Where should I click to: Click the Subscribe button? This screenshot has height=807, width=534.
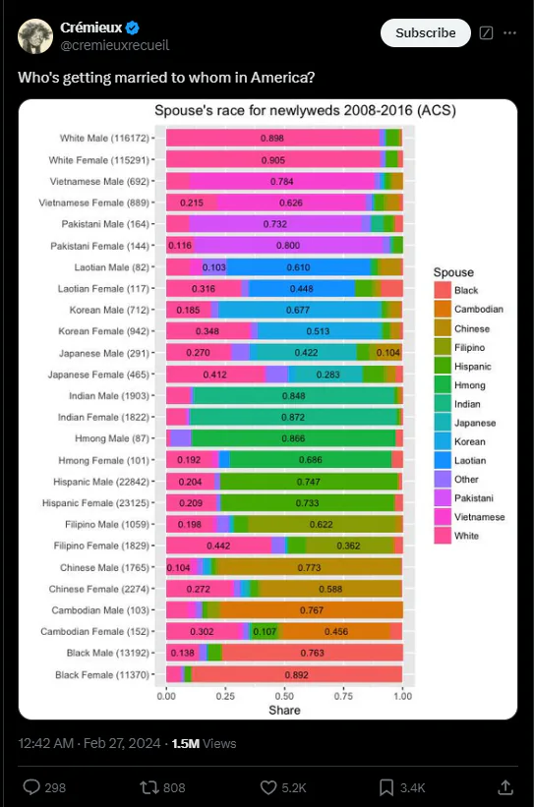[x=426, y=33]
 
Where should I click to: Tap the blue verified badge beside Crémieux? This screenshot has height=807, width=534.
[x=133, y=28]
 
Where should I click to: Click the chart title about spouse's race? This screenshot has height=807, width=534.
[x=306, y=111]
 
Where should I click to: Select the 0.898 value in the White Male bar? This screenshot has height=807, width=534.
[x=271, y=138]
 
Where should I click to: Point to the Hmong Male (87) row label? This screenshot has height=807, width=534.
[x=112, y=438]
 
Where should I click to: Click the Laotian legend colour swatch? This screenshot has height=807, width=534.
[x=443, y=460]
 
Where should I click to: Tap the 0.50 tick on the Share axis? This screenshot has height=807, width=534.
[x=284, y=696]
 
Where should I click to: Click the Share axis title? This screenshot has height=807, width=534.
[x=284, y=711]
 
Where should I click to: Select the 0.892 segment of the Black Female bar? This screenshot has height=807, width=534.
[x=297, y=674]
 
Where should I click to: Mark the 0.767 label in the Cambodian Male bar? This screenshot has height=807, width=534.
[x=312, y=610]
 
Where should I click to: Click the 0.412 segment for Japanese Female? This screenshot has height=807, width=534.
[x=215, y=375]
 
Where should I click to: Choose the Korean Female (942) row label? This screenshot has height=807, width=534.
[x=103, y=331]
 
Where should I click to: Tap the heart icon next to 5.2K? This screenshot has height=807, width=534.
[x=268, y=787]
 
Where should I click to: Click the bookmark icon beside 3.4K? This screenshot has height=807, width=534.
[x=386, y=787]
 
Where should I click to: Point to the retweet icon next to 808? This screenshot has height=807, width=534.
[x=148, y=787]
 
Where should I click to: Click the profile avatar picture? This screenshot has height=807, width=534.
[x=35, y=36]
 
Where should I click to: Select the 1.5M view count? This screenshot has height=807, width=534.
[x=186, y=744]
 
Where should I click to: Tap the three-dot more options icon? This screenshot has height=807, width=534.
[x=509, y=33]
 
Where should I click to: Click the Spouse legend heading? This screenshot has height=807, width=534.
[x=453, y=272]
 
